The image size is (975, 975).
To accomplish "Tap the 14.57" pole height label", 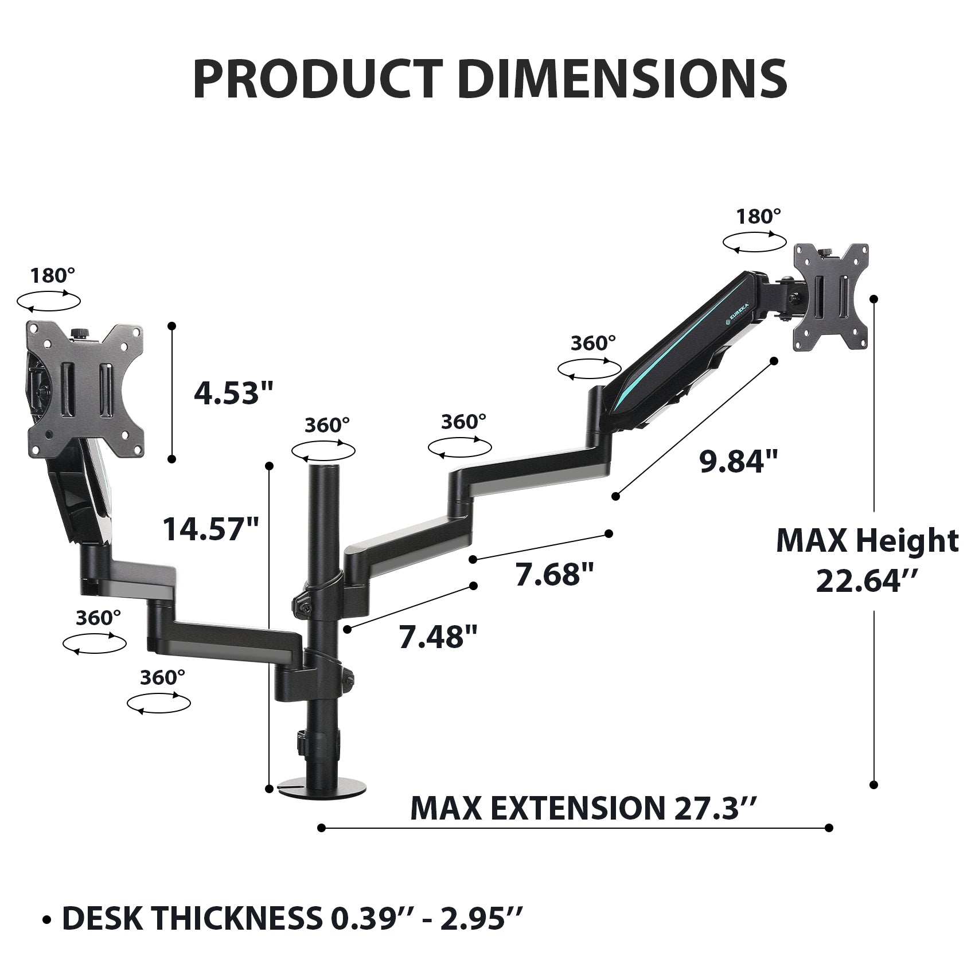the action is coord(211,528).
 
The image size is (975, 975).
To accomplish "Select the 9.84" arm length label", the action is coord(739,461).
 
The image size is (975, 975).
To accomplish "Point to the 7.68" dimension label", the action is coord(554,574).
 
